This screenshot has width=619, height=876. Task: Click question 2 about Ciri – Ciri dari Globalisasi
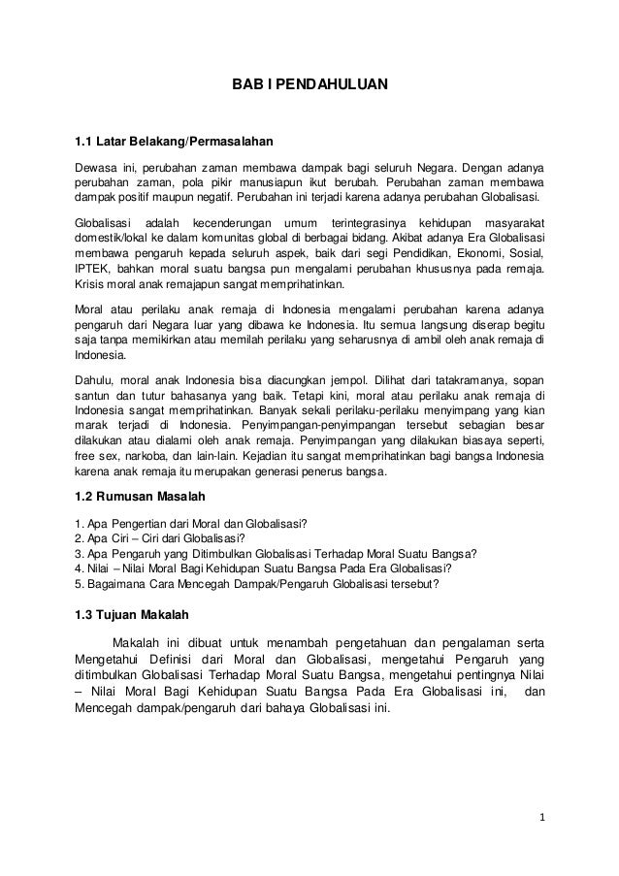(160, 537)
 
